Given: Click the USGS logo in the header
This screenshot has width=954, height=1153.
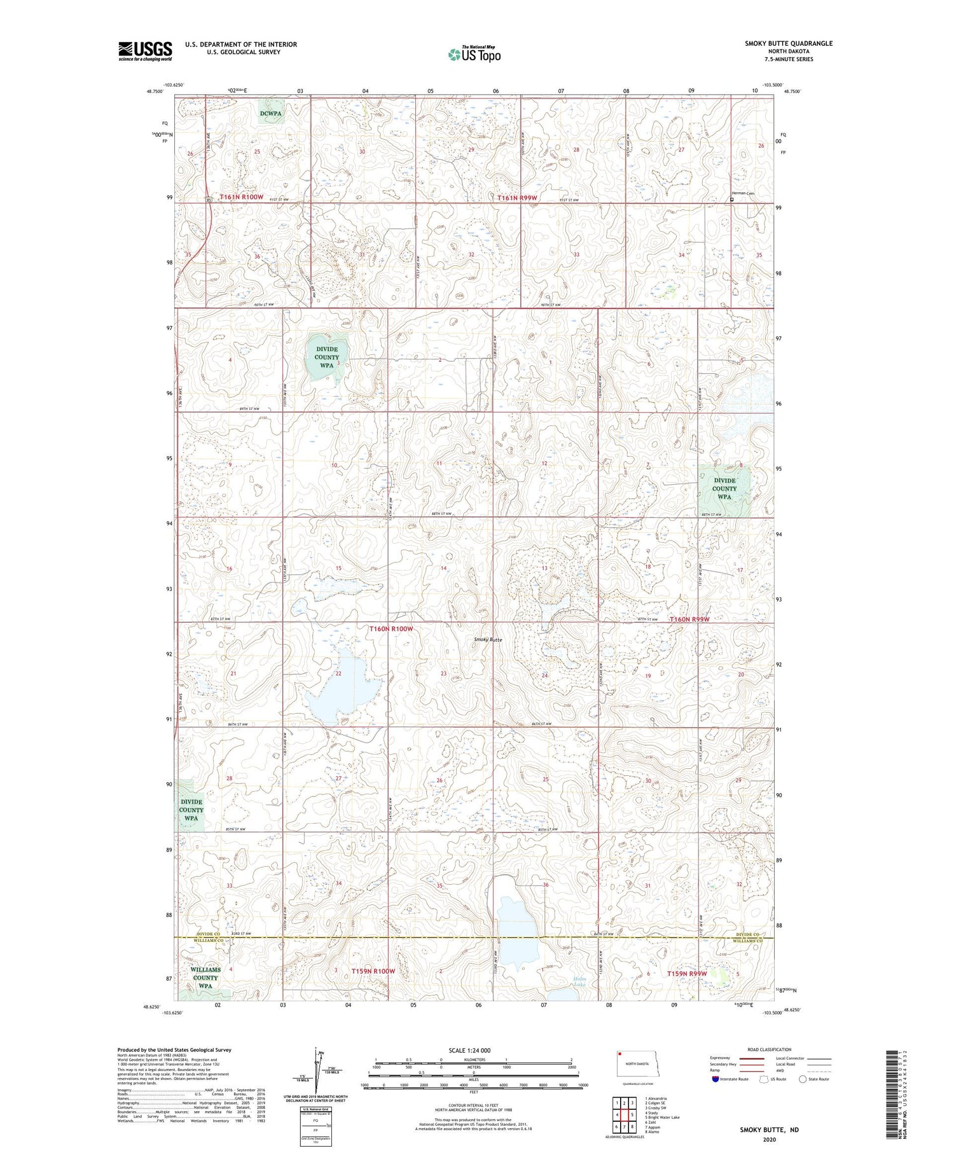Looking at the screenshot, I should click(x=145, y=51).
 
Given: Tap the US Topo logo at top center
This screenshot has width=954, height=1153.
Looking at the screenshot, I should click(x=474, y=55).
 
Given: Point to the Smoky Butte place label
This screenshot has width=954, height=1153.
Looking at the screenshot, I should click(x=488, y=639).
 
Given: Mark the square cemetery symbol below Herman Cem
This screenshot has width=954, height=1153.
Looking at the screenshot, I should click(x=731, y=200).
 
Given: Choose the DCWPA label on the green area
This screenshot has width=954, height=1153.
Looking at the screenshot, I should click(x=270, y=113).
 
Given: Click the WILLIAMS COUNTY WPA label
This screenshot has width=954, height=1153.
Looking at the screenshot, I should click(x=205, y=977).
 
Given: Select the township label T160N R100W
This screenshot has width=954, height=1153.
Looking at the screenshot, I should click(x=391, y=628).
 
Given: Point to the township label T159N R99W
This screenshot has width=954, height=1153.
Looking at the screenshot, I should click(x=687, y=973).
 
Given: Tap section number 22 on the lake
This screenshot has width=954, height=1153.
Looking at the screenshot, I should click(x=338, y=673).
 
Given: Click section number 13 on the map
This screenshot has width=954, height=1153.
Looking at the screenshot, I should click(x=544, y=568).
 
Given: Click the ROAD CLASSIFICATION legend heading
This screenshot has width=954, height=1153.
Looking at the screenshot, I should click(x=770, y=1049).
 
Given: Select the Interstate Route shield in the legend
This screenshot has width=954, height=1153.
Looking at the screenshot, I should click(x=715, y=1079).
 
